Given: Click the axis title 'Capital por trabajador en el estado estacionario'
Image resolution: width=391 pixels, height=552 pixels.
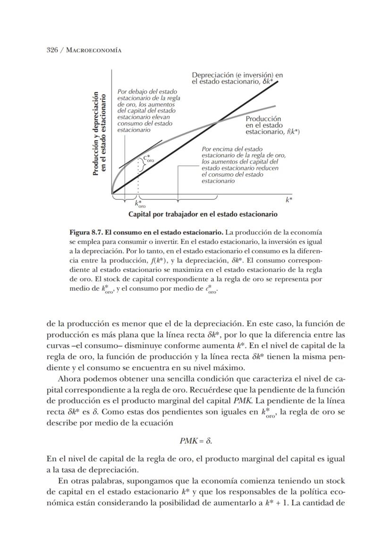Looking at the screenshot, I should [203, 214].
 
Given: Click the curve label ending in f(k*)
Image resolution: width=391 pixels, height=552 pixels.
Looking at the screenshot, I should [272, 125].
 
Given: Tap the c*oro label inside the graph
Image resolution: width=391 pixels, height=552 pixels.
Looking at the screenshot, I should [149, 159].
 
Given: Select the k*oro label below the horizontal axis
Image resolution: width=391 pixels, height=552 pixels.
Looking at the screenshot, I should [140, 204].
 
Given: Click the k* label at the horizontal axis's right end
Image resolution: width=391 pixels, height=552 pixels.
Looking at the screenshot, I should [289, 200].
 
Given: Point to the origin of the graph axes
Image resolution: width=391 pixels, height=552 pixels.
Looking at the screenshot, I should [112, 193].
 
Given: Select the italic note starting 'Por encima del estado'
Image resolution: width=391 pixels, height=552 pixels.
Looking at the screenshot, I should [243, 164].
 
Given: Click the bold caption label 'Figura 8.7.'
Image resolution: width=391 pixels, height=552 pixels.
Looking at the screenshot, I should [87, 233].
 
